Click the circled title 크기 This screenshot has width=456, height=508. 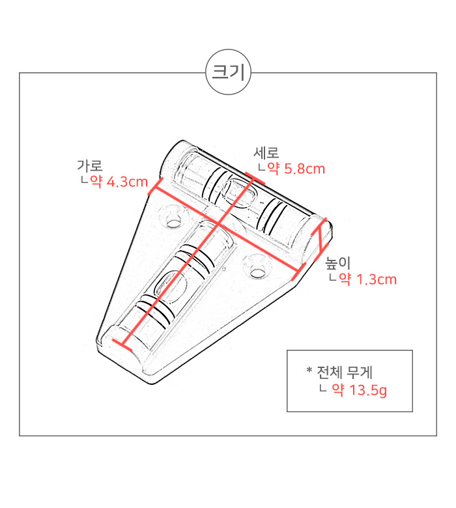click(x=228, y=72)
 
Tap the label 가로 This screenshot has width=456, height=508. click(x=90, y=165)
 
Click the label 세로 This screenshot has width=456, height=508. click(x=266, y=153)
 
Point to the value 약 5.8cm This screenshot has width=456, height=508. click(x=296, y=169)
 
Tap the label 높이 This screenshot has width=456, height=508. click(x=337, y=263)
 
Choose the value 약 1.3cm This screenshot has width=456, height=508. click(x=368, y=279)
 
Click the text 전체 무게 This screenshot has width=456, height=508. click(x=345, y=373)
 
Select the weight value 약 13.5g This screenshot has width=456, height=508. click(x=360, y=390)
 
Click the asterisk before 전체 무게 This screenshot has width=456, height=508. click(x=309, y=370)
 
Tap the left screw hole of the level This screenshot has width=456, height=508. click(x=174, y=221)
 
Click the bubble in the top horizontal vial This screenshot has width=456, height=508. click(x=239, y=193)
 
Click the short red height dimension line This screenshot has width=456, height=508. click(x=321, y=240)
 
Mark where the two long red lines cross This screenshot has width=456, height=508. click(x=219, y=224)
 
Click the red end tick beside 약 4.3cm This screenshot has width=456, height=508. click(x=155, y=186)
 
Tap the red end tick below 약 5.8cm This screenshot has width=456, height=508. click(x=255, y=179)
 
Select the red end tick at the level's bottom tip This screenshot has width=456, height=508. click(x=122, y=345)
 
